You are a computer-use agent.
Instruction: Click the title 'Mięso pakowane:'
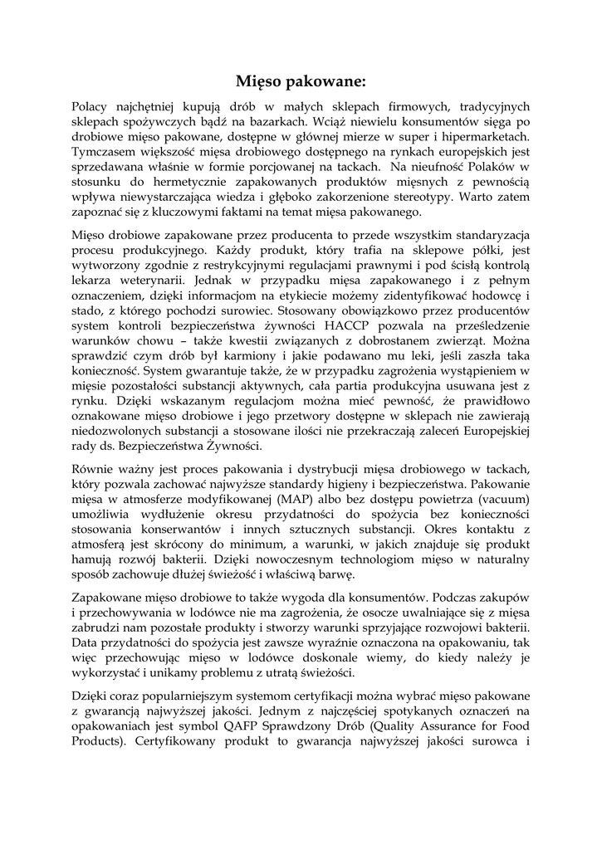tap(301, 81)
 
